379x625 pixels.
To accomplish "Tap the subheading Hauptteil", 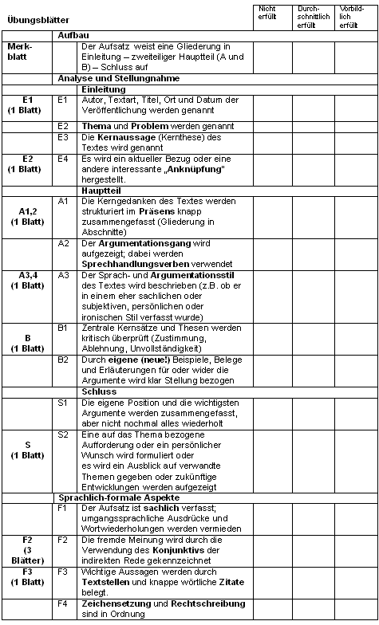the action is [101, 191].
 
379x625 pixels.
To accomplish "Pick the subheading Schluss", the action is [98, 391].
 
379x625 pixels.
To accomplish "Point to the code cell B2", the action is [63, 359].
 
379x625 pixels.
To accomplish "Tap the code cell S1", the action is [63, 403].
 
